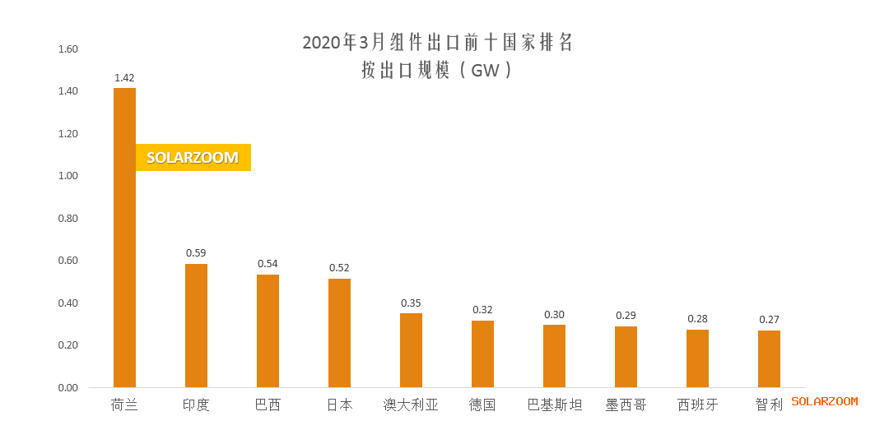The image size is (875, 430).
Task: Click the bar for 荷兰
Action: (124, 238)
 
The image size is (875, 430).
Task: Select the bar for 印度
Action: (196, 326)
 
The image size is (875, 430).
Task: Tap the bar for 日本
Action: (339, 333)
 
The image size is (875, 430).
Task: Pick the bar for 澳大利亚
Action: (411, 350)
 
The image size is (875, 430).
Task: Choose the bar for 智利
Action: (769, 359)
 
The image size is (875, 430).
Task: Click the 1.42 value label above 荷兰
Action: (124, 78)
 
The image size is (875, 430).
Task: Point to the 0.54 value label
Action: (268, 264)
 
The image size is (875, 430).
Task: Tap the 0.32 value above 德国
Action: (482, 310)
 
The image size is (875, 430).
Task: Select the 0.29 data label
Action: (626, 316)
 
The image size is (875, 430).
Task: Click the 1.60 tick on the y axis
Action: (67, 49)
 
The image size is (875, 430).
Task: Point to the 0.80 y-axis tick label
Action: (67, 219)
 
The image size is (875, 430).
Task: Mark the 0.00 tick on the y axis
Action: (67, 388)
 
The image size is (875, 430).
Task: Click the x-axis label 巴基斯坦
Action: (554, 405)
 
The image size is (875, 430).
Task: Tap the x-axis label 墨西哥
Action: (626, 405)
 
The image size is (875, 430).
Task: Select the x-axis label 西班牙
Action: (697, 405)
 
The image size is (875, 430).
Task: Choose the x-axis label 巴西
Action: (268, 405)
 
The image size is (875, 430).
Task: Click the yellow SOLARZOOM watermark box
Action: (193, 158)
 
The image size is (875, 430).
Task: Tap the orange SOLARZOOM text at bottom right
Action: (824, 401)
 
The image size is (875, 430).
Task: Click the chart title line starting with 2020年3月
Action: (437, 43)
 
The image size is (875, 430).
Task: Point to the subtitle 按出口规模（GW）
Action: (437, 71)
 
